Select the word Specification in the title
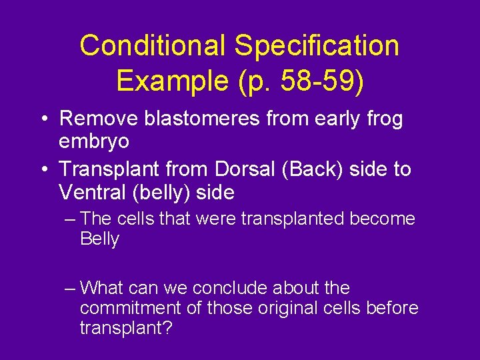coord(317,45)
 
